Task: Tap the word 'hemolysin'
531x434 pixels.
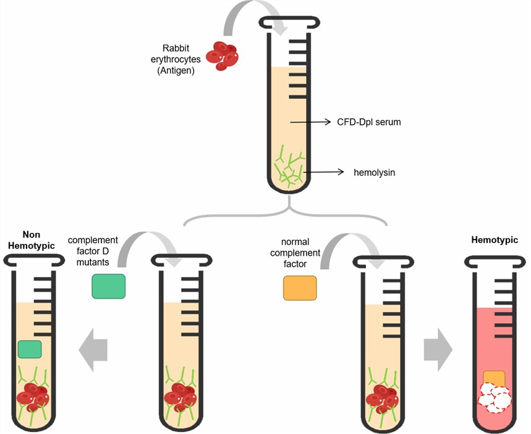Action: click(374, 173)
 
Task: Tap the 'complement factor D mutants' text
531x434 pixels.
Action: click(93, 251)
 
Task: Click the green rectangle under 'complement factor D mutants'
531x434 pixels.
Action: click(109, 286)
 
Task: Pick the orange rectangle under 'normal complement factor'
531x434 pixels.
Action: click(300, 288)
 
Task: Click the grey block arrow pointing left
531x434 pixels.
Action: click(93, 350)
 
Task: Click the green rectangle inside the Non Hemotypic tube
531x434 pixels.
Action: click(30, 349)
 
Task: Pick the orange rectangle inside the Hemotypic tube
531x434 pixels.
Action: click(495, 377)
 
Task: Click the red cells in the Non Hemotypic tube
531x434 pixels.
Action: click(32, 396)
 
